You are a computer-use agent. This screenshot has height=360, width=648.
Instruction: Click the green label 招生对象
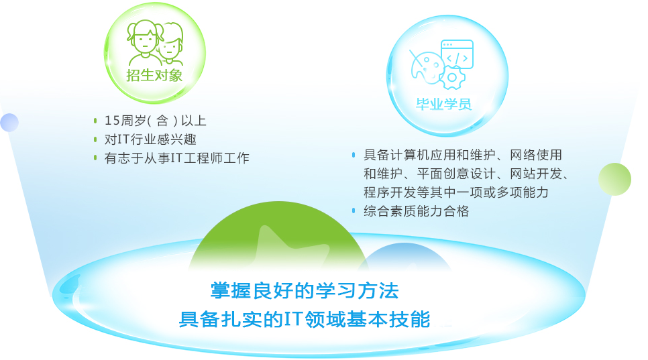tap(154, 75)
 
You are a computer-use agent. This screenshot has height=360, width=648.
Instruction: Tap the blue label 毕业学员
tap(444, 104)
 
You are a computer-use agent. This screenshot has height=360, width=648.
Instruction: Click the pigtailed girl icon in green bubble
tap(144, 42)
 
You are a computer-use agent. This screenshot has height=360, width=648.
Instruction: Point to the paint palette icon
tap(426, 67)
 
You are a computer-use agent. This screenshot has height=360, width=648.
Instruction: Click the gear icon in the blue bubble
tap(452, 77)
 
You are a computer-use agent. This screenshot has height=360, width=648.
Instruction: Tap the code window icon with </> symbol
tap(457, 54)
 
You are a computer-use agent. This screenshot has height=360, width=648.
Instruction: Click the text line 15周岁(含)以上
tap(155, 121)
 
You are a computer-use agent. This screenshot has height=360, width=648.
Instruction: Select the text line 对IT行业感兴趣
tap(150, 139)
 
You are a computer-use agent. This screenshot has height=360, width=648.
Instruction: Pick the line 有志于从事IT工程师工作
tap(176, 158)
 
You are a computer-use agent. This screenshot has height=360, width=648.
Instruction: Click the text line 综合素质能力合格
tap(416, 211)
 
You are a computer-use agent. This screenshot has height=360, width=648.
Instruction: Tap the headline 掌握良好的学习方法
tap(305, 291)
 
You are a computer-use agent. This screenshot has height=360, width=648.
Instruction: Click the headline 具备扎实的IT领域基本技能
tap(305, 319)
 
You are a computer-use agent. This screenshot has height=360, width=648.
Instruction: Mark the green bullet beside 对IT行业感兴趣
tap(95, 139)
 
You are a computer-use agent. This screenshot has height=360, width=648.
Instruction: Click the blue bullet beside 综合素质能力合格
tap(354, 211)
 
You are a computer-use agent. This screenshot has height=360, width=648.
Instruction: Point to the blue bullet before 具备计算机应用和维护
tap(354, 155)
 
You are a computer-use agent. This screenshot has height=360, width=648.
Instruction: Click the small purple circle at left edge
tap(9, 123)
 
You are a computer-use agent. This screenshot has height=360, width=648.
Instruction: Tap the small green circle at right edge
tap(615, 179)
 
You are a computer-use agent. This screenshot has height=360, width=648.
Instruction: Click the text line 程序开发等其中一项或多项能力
tap(456, 192)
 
